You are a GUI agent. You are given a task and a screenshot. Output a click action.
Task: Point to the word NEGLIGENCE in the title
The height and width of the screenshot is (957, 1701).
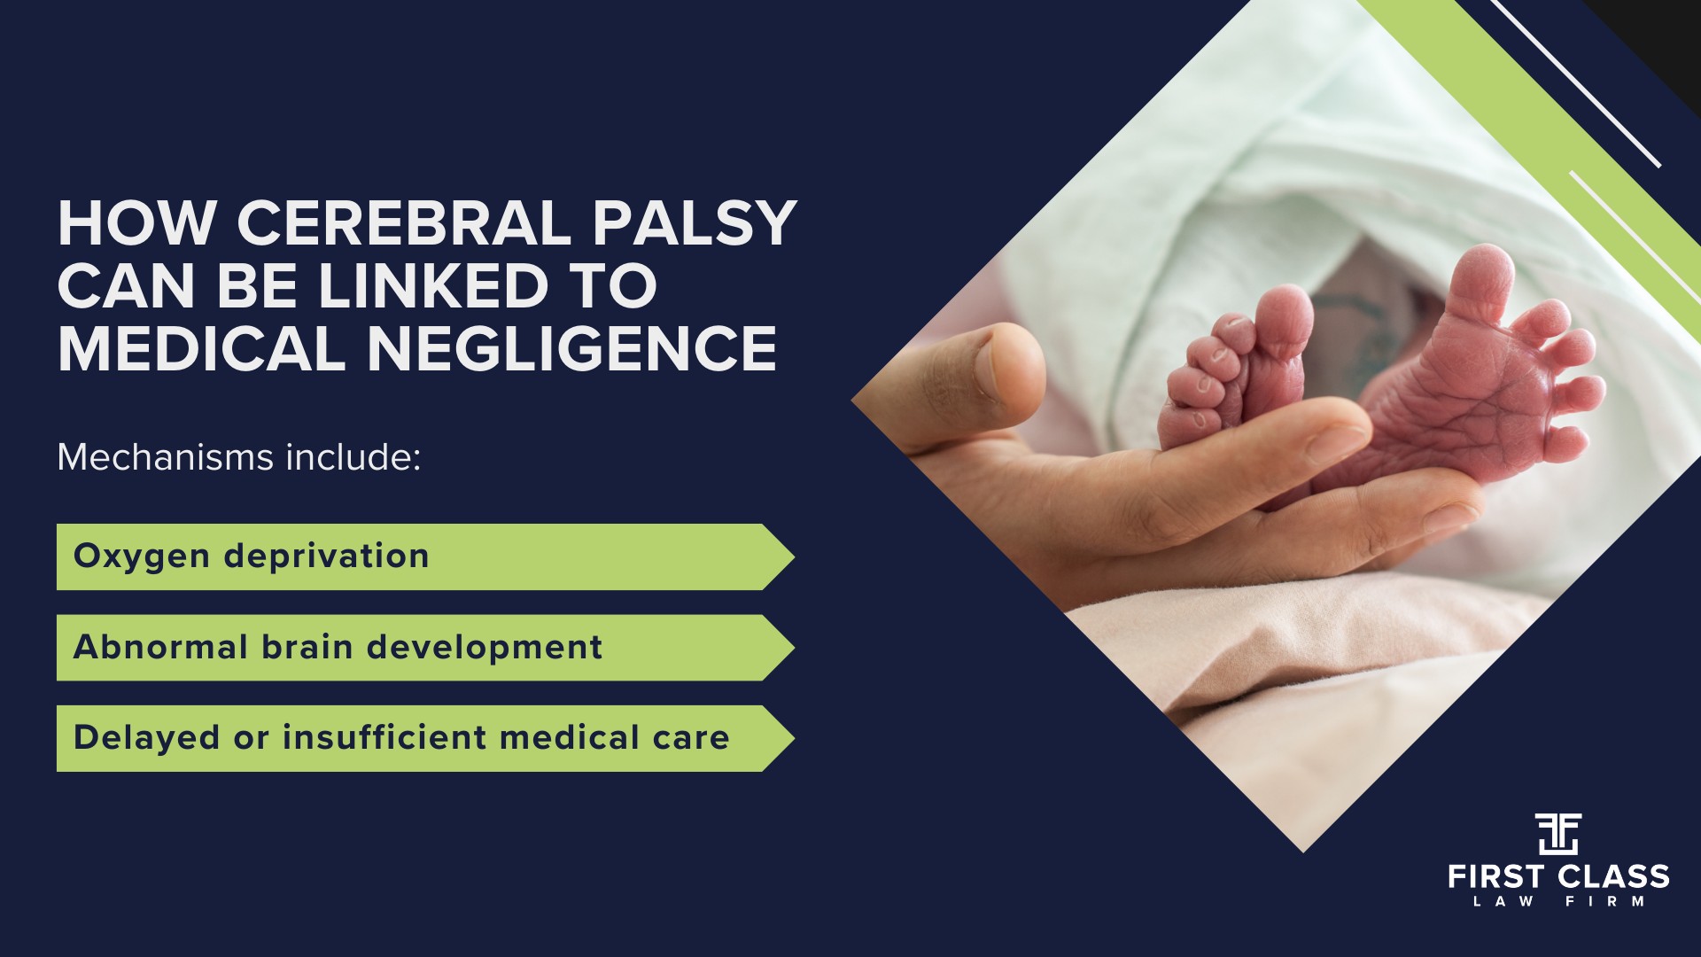572,348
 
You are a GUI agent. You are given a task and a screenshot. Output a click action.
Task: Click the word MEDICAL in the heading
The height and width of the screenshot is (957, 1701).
201,348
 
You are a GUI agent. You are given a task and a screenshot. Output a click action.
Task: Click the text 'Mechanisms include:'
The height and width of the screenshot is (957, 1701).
238,457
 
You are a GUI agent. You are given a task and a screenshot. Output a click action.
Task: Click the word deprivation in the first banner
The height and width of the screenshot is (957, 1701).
326,556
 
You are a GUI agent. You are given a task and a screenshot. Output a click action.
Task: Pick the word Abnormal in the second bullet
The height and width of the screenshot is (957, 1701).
159,647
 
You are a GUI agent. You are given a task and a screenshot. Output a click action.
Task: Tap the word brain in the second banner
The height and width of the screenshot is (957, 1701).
307,647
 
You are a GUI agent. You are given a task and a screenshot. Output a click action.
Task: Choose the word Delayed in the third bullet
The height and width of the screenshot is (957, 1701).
145,737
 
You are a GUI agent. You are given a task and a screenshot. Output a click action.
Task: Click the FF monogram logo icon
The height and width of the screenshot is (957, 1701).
1558,834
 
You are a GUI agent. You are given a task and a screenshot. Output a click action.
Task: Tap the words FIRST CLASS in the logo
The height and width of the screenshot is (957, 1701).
1558,877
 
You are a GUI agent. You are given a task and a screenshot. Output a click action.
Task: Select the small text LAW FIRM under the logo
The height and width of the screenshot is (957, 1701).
1558,902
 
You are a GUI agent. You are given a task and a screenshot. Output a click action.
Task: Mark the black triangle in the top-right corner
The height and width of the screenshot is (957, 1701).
1661,35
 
